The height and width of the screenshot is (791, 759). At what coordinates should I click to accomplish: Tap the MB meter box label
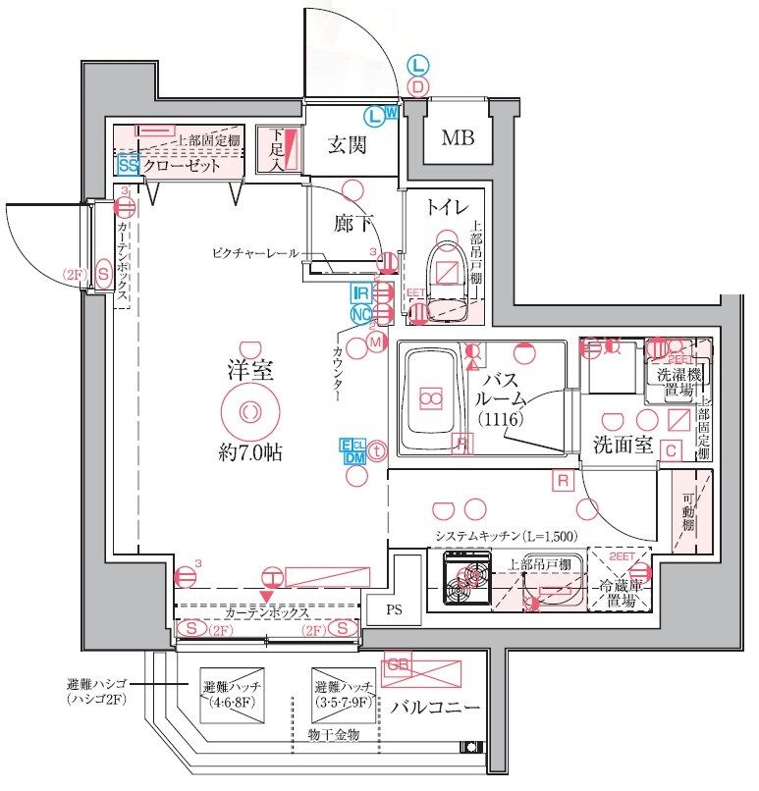point(457,138)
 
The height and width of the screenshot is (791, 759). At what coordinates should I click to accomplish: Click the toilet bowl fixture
point(448,268)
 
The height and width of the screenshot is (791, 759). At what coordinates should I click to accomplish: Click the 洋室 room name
point(250,371)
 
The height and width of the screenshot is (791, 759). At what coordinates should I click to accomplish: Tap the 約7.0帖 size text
point(250,453)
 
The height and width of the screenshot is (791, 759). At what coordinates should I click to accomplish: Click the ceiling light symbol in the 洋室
point(249,411)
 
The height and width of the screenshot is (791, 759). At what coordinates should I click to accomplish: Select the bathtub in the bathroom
point(431,397)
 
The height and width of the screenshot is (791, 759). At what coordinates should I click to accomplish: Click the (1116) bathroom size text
point(503,420)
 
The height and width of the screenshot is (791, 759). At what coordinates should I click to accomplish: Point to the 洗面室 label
point(623,444)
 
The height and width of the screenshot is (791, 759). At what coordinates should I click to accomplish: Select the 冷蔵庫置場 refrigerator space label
point(620,595)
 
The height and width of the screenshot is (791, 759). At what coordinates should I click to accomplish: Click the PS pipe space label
point(394,608)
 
